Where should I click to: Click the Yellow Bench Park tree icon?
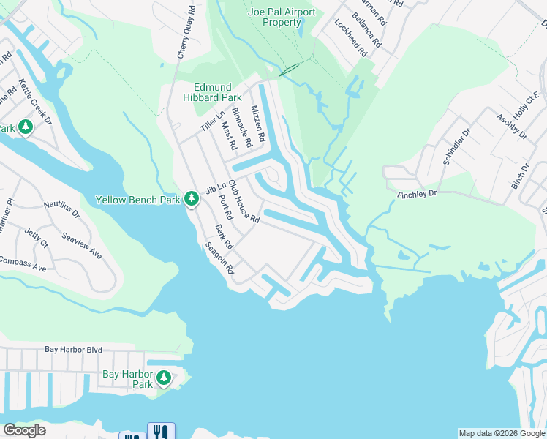click(192, 198)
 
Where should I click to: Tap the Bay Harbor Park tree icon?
click(165, 378)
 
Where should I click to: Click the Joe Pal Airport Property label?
click(282, 18)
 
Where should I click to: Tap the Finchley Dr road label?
click(417, 194)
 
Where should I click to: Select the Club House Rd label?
click(244, 202)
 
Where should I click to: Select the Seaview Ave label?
click(81, 246)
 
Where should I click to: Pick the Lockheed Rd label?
click(350, 37)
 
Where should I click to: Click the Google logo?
click(24, 430)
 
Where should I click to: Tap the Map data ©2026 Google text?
click(501, 433)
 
